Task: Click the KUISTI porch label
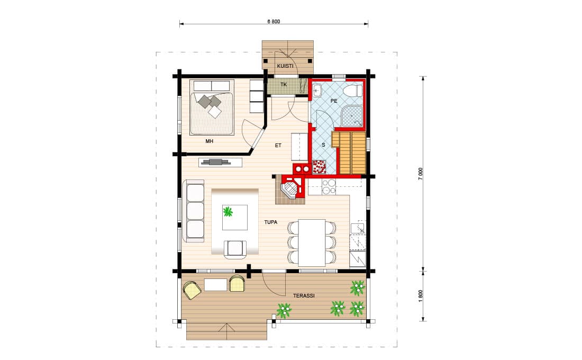tap(285, 66)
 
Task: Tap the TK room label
tap(284, 84)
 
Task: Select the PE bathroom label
tap(334, 101)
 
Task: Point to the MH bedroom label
tap(210, 141)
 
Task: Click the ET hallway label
tap(278, 145)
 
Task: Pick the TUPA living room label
tap(270, 222)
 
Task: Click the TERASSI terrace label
tap(304, 296)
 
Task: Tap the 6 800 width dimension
tap(274, 21)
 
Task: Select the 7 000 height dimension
tap(421, 174)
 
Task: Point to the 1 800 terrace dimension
tap(421, 296)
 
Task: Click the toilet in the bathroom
tap(352, 91)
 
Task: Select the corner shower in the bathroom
tap(351, 115)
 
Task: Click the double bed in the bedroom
tap(212, 107)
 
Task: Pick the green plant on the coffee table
tap(228, 212)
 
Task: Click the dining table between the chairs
tap(312, 242)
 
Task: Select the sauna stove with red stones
tap(319, 167)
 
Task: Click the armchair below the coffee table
tap(235, 249)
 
